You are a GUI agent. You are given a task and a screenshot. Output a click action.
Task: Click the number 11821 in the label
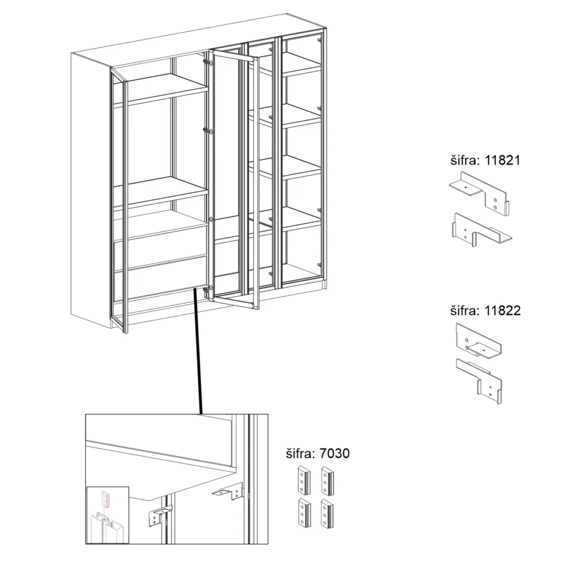tap(502, 160)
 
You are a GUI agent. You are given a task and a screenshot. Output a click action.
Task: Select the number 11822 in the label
tap(502, 311)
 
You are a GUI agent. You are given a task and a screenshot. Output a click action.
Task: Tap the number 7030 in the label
tap(334, 453)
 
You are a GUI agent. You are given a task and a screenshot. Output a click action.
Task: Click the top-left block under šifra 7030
tap(305, 480)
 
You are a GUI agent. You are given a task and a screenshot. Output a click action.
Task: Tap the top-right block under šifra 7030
tap(328, 481)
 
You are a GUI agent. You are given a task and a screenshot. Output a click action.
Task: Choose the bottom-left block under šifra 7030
tap(305, 513)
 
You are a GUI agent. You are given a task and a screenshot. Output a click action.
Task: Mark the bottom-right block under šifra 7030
tap(327, 513)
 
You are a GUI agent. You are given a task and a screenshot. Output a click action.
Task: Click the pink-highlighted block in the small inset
tap(105, 498)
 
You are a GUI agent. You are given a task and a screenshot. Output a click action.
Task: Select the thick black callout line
tap(198, 350)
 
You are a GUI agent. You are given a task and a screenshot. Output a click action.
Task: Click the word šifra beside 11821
tap(465, 160)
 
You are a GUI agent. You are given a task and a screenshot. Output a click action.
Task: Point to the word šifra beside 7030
tap(300, 453)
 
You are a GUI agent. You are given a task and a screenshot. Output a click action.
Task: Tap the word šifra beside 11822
tap(465, 311)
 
